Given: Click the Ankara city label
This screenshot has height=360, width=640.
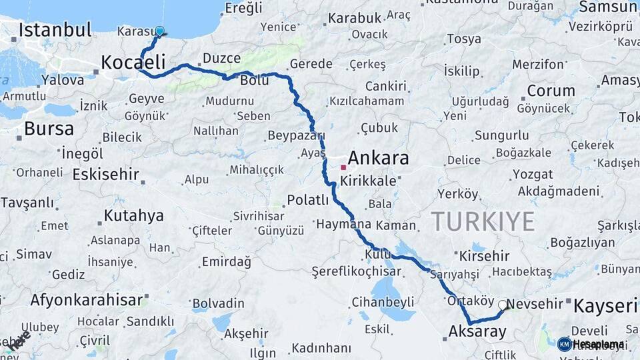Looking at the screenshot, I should click(378, 158).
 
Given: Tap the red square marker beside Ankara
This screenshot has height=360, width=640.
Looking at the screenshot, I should click(343, 167).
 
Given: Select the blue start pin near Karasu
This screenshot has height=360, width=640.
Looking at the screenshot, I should click(159, 31).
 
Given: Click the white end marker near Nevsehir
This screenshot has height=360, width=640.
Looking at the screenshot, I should click(503, 305).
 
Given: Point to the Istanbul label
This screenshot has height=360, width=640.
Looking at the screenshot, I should click(55, 30).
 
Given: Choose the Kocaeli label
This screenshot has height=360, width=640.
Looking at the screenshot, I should click(133, 63).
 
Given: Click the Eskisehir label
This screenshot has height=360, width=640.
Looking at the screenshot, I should click(106, 175).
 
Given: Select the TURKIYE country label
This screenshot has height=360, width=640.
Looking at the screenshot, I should click(483, 221).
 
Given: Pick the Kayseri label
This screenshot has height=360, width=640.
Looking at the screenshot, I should click(606, 306).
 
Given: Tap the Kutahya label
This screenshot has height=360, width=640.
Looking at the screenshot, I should click(133, 216).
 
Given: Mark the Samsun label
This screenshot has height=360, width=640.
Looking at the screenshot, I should click(609, 7).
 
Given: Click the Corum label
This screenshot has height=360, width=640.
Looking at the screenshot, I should click(551, 91).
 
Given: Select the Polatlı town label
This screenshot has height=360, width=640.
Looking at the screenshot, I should click(308, 200).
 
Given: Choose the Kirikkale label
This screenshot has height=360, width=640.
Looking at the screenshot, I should click(368, 181).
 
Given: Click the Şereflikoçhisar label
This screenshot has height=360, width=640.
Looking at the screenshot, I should click(356, 271).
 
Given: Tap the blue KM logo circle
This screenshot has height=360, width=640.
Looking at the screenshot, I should click(564, 344).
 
